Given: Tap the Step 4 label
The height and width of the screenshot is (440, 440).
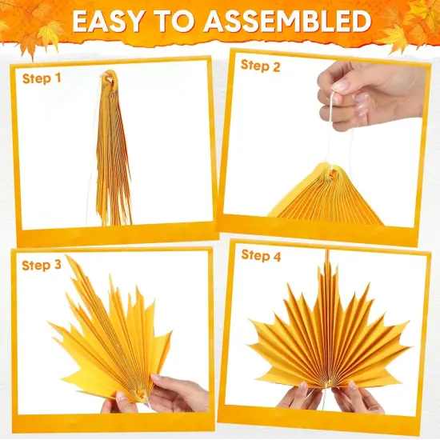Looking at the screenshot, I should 262,256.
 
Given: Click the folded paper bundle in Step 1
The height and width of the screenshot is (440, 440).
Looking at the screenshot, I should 114,160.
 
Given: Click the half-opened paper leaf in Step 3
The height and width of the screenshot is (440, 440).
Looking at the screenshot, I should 112,336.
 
